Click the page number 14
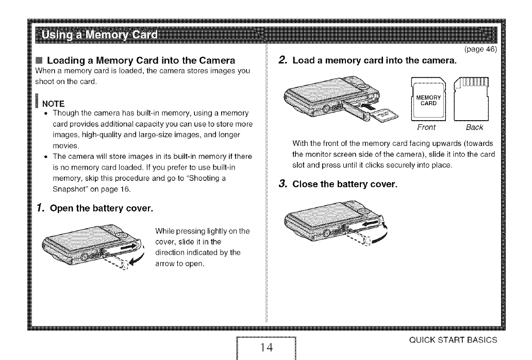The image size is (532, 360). tap(266, 347)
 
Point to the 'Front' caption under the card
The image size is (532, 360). tap(426, 127)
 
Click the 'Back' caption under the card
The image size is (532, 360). tap(473, 127)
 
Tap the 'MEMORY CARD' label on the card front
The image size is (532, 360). tap(426, 100)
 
